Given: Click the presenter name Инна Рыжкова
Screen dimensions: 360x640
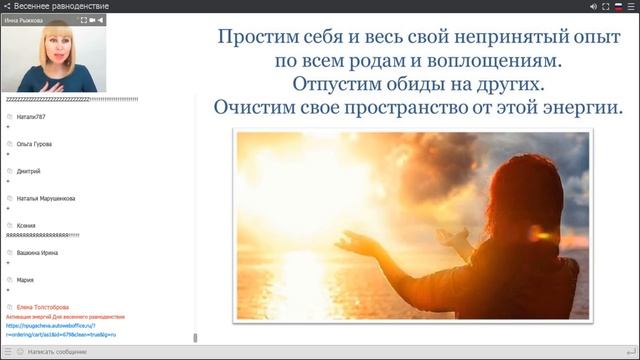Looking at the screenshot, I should pos(23,19).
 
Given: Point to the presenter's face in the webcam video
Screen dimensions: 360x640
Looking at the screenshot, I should pos(50,48).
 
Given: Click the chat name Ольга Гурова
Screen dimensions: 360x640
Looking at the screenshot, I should pos(35,144).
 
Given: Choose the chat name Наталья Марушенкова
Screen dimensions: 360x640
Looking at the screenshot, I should pos(46,198).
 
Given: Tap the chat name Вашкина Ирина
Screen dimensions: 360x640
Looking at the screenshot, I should pos(39,253).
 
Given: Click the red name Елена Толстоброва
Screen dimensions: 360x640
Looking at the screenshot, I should pos(43,307).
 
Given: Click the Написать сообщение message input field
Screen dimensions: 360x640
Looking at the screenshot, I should pos(60,352).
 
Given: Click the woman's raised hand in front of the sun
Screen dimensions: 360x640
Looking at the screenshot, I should pos(352,240).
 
